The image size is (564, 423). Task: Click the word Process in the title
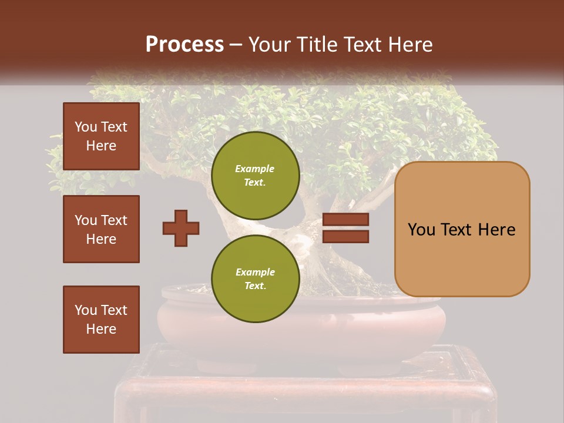pyautogui.click(x=184, y=45)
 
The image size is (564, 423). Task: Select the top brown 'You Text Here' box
pyautogui.click(x=101, y=136)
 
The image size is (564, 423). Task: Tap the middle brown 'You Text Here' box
pyautogui.click(x=101, y=229)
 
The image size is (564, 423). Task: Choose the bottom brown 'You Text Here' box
pyautogui.click(x=101, y=319)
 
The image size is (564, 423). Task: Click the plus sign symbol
pyautogui.click(x=181, y=228)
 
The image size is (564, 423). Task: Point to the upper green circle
pyautogui.click(x=255, y=176)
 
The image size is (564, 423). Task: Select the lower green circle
pyautogui.click(x=255, y=278)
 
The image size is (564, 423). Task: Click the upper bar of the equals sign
pyautogui.click(x=345, y=220)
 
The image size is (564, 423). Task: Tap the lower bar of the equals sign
pyautogui.click(x=345, y=236)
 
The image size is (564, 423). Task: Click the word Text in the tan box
pyautogui.click(x=457, y=230)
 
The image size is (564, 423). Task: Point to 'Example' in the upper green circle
pyautogui.click(x=254, y=169)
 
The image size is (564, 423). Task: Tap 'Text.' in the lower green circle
pyautogui.click(x=255, y=286)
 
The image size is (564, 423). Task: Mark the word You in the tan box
pyautogui.click(x=421, y=230)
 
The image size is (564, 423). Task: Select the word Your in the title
pyautogui.click(x=268, y=45)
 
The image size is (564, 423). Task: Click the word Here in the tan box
pyautogui.click(x=496, y=230)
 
